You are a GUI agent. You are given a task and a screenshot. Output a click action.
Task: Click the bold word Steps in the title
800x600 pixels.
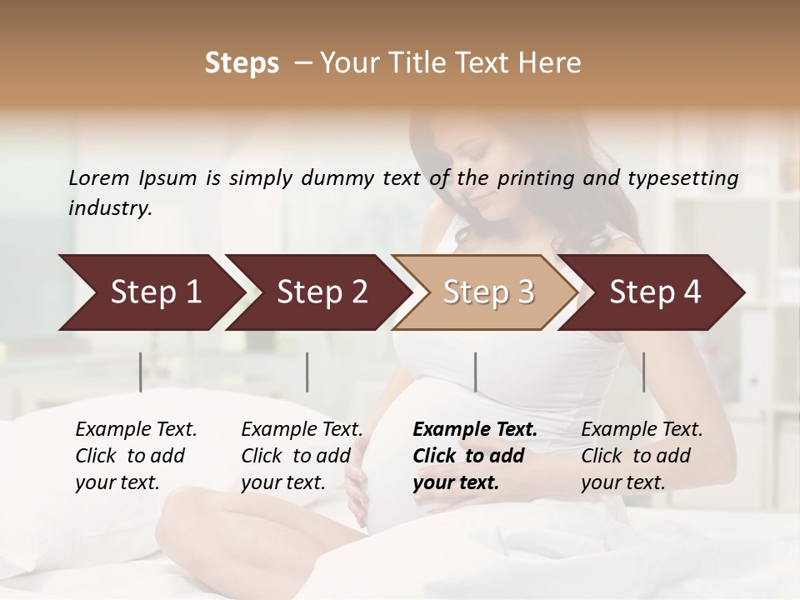pos(242,63)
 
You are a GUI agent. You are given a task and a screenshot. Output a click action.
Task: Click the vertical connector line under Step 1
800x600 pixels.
pos(141,372)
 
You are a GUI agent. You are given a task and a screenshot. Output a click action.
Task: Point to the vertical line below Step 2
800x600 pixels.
pos(307,372)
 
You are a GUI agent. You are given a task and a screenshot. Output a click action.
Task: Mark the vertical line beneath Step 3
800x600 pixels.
pos(475,372)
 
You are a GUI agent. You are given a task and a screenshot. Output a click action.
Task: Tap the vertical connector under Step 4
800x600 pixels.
pos(643,372)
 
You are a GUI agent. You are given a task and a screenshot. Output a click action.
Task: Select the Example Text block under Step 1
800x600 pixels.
pos(136,456)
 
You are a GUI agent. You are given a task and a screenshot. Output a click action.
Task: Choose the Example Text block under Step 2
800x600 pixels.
pos(302,456)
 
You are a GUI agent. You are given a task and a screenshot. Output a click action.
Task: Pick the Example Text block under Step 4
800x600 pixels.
pos(642,456)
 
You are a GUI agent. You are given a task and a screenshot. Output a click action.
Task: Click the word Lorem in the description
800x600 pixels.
pos(98,177)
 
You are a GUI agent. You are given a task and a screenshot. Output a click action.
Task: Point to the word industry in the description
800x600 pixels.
pos(110,208)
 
